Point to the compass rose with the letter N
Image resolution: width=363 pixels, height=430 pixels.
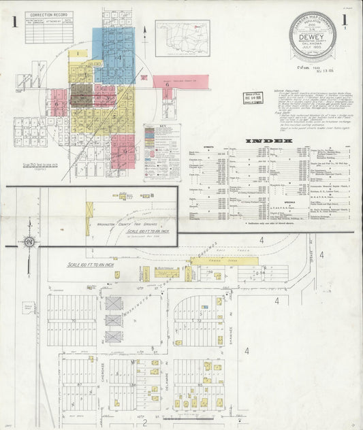click(x=30, y=242)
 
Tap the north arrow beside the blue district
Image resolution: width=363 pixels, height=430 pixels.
click(x=145, y=31)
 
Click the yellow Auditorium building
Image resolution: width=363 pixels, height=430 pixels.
click(x=168, y=274)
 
